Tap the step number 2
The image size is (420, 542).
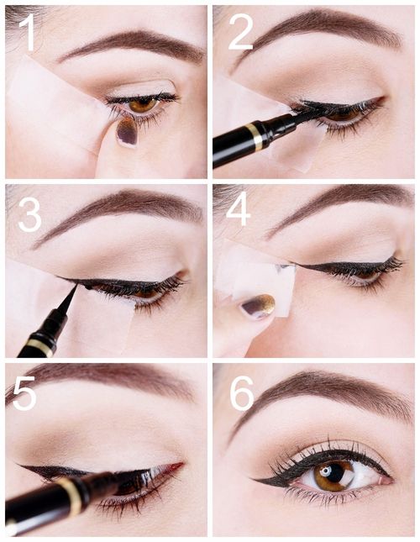pos(241,33)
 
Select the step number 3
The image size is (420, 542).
pos(29,214)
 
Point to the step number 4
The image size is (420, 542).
pos(238,208)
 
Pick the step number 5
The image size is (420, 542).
pos(24,393)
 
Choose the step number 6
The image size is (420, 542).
pos(242,393)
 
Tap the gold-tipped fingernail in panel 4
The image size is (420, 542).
pos(259,306)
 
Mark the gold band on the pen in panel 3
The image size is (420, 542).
pos(40,347)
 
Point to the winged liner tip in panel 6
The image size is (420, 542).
pos(251,479)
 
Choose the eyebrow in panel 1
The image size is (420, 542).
pos(131,45)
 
